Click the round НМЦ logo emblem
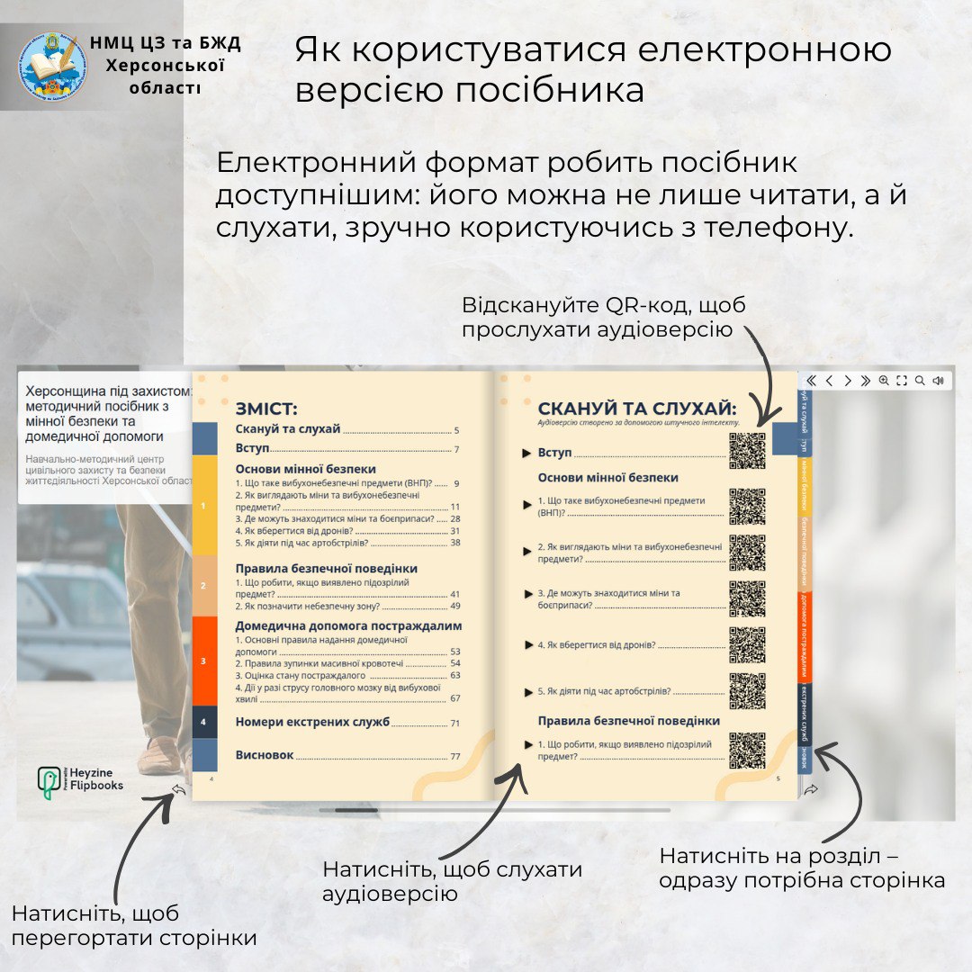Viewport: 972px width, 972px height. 51,65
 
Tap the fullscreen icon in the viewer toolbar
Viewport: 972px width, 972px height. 902,381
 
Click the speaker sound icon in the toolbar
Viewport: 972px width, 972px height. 938,381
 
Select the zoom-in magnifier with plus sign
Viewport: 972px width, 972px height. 884,381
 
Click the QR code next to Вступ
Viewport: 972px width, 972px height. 747,451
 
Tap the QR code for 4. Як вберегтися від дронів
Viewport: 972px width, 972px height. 747,644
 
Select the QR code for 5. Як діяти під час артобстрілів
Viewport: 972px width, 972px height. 747,690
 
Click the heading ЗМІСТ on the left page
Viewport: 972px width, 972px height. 266,407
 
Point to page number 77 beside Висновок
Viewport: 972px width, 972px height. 454,756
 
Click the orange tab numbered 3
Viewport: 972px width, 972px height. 204,661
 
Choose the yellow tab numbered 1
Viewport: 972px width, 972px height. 204,506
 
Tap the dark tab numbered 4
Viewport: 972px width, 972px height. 204,722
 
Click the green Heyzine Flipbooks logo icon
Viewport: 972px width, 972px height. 49,783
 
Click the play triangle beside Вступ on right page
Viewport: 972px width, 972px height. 527,453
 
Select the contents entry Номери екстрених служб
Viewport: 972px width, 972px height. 312,722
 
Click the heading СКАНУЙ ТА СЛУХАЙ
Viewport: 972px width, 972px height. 637,408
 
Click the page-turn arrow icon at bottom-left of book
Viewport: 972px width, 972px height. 178,789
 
